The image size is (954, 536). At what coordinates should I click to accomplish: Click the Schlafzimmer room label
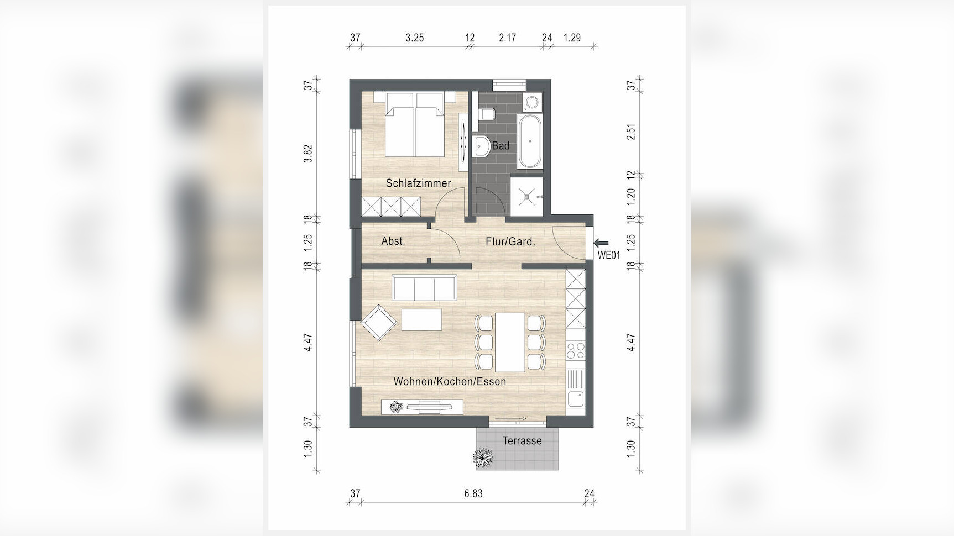point(418,183)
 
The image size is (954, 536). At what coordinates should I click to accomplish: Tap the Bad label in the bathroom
point(501,146)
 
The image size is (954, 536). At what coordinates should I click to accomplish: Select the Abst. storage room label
point(393,241)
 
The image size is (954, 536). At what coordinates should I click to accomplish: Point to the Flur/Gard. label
point(510,241)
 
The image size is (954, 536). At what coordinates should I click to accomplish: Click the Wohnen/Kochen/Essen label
point(450,381)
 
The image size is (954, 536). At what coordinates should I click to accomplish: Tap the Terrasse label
point(522,440)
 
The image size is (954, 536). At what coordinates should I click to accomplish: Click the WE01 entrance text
point(609,255)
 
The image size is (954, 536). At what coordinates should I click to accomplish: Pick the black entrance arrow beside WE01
point(601,242)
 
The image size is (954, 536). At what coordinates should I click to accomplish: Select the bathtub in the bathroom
point(530,141)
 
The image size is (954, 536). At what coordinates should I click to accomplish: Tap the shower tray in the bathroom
point(526,196)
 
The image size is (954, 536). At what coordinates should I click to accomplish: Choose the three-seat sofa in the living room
point(424,287)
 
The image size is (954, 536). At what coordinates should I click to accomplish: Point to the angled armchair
point(379,322)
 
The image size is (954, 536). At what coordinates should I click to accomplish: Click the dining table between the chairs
point(510,342)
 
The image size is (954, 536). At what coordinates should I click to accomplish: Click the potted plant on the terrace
point(483,458)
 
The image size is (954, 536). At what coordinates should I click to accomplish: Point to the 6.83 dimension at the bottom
point(473,493)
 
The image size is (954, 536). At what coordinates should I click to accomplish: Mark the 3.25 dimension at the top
point(414,38)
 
